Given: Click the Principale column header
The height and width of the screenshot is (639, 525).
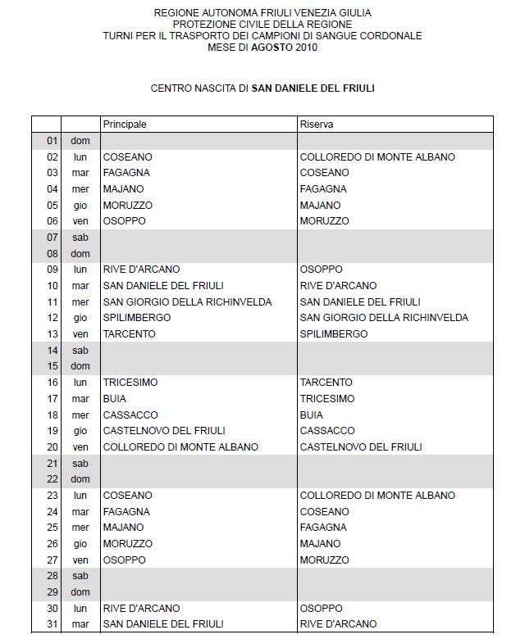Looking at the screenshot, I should (x=125, y=124).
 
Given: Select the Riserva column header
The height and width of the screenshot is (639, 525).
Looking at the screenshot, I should (x=316, y=124).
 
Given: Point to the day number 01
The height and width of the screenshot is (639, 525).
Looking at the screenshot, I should (x=52, y=141).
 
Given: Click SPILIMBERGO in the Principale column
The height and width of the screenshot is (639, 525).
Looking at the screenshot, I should (x=137, y=318).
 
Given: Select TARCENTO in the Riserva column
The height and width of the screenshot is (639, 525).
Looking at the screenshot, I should (x=327, y=383).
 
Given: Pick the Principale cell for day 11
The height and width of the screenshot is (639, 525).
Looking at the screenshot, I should (x=187, y=301).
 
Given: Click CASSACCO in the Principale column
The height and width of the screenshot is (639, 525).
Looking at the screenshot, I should (x=130, y=415).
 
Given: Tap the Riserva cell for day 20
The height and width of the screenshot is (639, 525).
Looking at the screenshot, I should (x=361, y=447).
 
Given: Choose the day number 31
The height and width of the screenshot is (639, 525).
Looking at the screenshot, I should (x=52, y=624).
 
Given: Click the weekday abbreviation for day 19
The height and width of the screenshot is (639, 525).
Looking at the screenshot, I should (x=80, y=431).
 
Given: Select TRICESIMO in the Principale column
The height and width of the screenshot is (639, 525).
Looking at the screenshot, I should (x=130, y=383).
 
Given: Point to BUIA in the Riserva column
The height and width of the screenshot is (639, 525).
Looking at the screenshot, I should (x=312, y=415).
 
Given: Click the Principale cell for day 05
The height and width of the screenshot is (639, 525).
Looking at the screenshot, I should (x=127, y=205).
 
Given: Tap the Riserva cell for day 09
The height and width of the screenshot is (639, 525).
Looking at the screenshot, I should (x=322, y=270).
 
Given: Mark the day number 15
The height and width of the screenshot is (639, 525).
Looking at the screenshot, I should (x=52, y=366).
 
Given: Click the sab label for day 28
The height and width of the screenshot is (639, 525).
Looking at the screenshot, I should (x=80, y=576).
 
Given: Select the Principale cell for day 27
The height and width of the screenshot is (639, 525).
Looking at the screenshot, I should (x=124, y=560).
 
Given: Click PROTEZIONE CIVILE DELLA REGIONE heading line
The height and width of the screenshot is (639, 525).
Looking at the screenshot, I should (x=262, y=25).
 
